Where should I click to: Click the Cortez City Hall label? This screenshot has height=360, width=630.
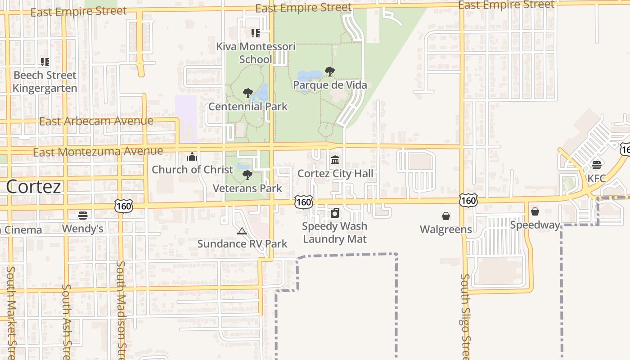pyautogui.click(x=335, y=173)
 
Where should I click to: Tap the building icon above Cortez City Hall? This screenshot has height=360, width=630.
pyautogui.click(x=335, y=160)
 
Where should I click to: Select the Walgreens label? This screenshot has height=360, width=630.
pyautogui.click(x=445, y=229)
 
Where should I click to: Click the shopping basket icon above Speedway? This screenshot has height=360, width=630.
pyautogui.click(x=535, y=211)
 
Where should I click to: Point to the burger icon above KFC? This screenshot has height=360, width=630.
pyautogui.click(x=597, y=165)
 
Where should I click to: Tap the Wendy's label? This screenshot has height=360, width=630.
pyautogui.click(x=83, y=229)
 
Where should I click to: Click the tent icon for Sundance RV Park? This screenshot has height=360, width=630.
pyautogui.click(x=242, y=231)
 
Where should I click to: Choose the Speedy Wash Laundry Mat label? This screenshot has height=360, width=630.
pyautogui.click(x=335, y=232)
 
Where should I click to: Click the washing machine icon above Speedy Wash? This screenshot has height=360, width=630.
pyautogui.click(x=335, y=213)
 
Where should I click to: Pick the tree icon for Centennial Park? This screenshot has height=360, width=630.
pyautogui.click(x=247, y=93)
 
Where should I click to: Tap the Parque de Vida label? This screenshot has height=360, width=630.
pyautogui.click(x=330, y=85)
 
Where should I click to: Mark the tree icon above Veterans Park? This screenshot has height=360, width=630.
pyautogui.click(x=247, y=175)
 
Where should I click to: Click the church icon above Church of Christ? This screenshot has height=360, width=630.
pyautogui.click(x=192, y=157)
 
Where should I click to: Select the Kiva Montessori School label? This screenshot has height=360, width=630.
pyautogui.click(x=256, y=53)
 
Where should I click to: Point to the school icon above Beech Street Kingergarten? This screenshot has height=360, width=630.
pyautogui.click(x=45, y=62)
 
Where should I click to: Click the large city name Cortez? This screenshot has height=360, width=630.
pyautogui.click(x=34, y=186)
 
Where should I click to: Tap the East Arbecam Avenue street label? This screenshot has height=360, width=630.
pyautogui.click(x=96, y=121)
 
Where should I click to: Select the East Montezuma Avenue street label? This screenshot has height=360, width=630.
pyautogui.click(x=98, y=152)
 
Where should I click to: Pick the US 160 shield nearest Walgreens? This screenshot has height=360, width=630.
pyautogui.click(x=468, y=200)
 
